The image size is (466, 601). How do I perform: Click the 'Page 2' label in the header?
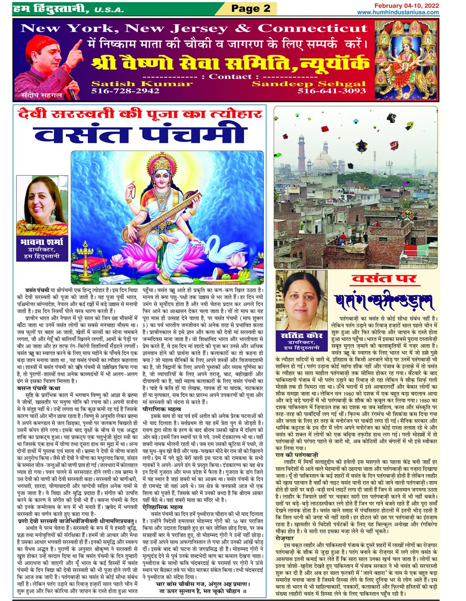point(250,8)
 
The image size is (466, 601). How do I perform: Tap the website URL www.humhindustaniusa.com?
point(397,13)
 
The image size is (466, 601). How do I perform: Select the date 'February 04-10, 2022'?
point(406,6)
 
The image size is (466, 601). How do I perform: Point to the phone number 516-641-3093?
point(331,91)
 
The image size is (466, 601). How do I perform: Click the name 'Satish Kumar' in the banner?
point(142,84)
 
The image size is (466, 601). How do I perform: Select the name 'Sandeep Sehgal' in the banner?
point(308,84)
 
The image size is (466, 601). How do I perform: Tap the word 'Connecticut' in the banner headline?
point(312,28)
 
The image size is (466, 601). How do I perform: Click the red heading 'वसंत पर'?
point(384,279)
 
